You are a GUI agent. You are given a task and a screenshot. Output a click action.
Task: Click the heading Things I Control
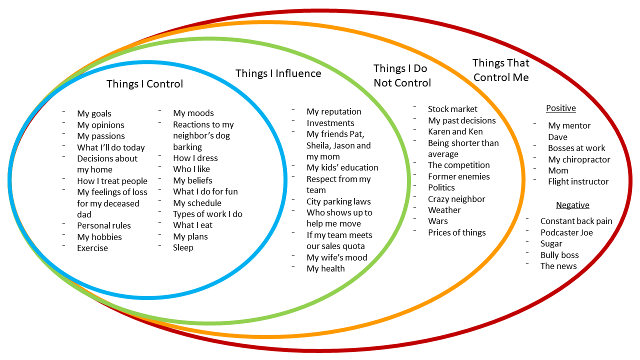pos(144,84)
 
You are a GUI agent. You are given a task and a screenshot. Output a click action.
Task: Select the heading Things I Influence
pos(278,73)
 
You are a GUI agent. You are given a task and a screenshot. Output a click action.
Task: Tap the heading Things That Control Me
pos(500,70)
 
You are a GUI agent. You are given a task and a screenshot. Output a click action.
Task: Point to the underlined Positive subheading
pos(560,108)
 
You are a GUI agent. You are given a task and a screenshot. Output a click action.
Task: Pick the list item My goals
pos(94,114)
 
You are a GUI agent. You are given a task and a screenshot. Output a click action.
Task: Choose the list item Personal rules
pos(103,226)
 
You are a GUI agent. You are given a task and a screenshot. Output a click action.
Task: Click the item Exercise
pos(92,248)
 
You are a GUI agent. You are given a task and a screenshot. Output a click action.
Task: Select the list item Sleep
pos(183,247)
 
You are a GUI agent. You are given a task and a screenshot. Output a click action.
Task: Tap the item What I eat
pos(192,225)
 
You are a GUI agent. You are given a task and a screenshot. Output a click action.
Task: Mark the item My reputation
pos(333,112)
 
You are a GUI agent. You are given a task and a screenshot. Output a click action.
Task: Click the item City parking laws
pos(338,201)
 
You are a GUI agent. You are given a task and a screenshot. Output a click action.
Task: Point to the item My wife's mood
pos(336,257)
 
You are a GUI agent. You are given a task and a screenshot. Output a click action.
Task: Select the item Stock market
pos(452,109)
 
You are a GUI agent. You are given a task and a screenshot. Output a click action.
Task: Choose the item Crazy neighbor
pos(456,199)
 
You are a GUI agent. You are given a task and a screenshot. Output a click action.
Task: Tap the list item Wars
pos(437,221)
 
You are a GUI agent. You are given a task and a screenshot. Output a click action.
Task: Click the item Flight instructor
pos(578,181)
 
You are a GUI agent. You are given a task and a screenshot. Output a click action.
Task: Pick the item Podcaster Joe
pos(566,232)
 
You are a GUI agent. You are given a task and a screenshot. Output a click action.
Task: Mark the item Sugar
pos(551,243)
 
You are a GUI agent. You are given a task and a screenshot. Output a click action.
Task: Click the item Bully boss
pos(559,255)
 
